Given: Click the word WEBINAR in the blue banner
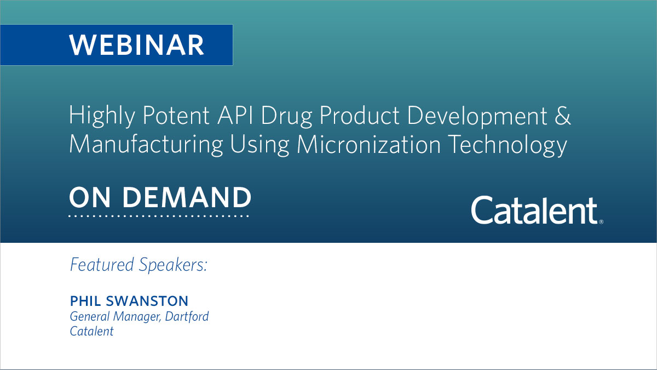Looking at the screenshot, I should coord(136,45).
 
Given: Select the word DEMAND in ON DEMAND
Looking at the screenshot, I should coord(187,197).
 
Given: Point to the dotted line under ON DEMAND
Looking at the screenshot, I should coord(159,216).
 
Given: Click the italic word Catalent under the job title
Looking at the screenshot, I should coord(91,331).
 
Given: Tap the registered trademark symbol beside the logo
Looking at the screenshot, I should coord(601,222).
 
